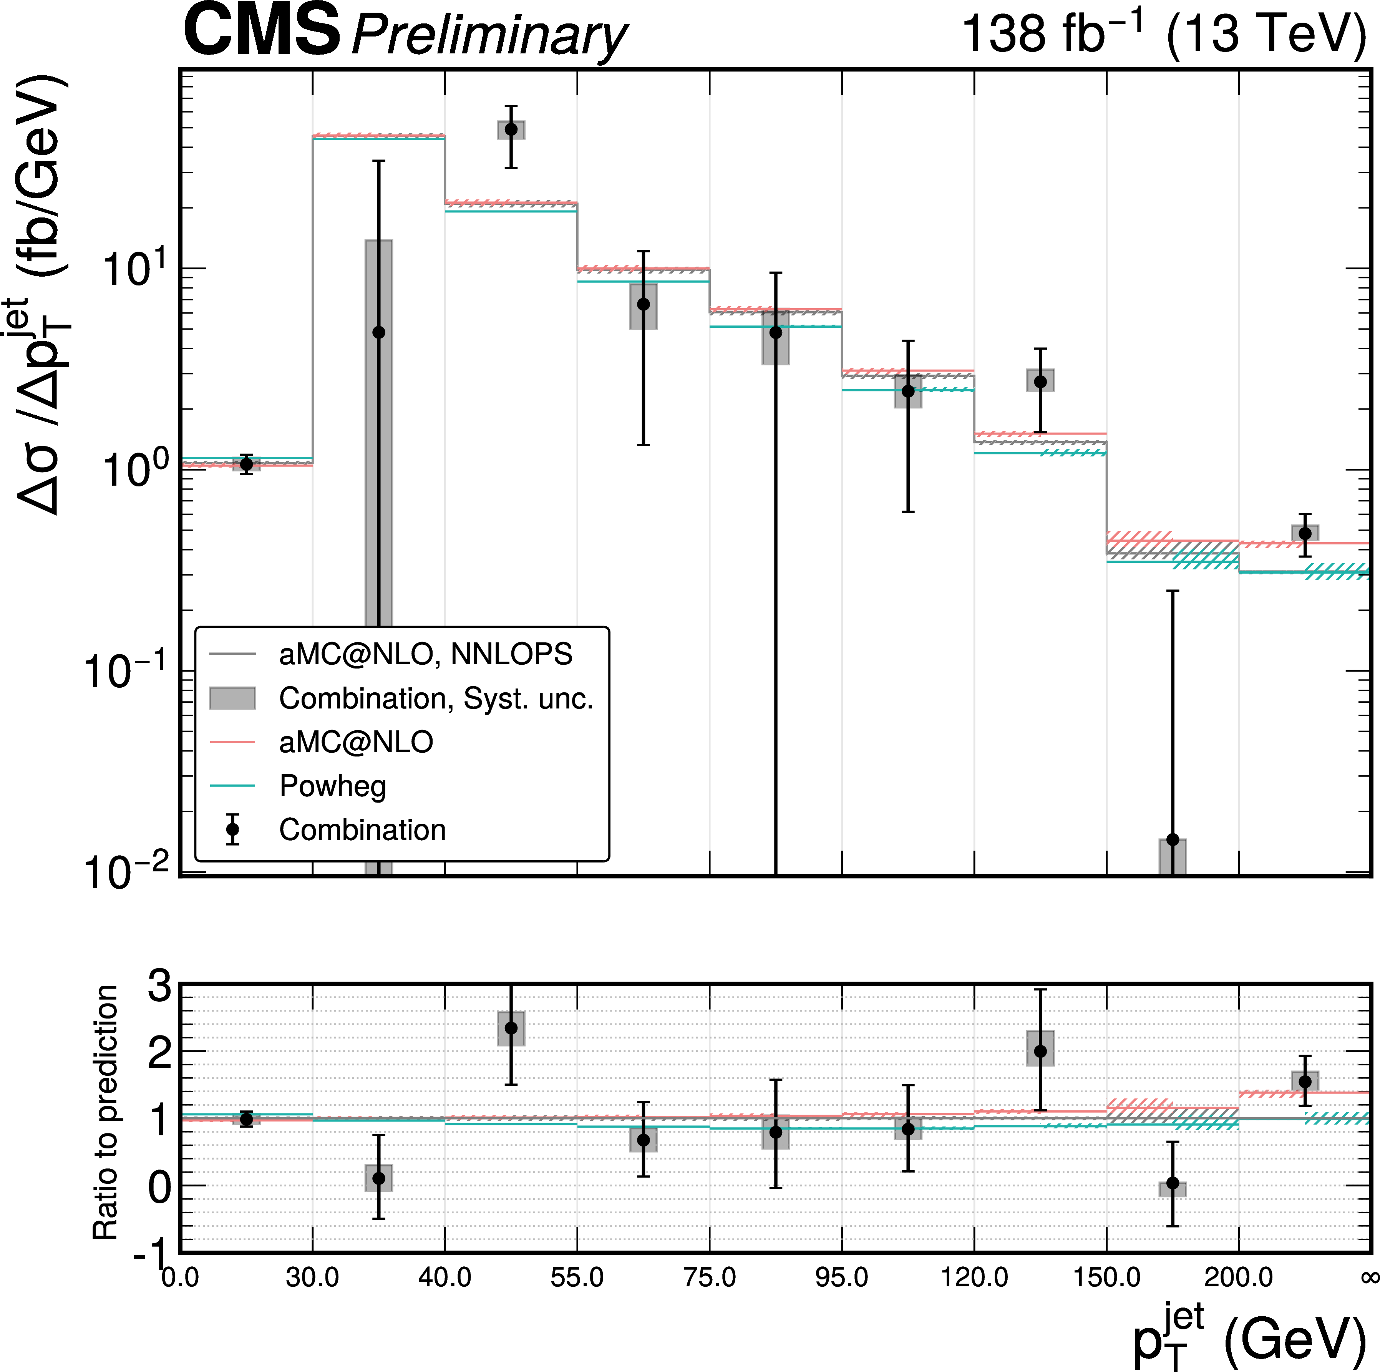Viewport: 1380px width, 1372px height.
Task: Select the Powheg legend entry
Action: [x=332, y=786]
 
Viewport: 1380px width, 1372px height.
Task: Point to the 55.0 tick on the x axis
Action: [x=577, y=1277]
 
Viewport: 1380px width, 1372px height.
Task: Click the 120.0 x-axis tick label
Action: [x=974, y=1277]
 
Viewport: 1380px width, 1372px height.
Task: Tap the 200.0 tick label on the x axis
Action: [x=1239, y=1277]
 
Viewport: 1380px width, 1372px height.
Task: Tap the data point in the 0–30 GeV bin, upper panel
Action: [x=246, y=464]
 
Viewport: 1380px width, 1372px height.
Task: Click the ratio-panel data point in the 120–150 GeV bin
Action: [x=1041, y=1051]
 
